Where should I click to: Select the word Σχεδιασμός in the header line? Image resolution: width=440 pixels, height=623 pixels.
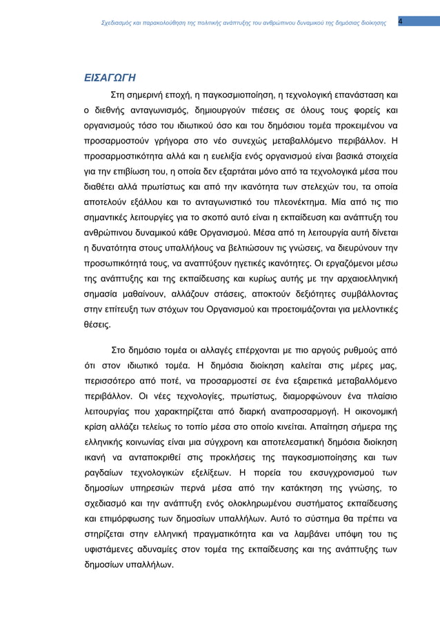(119, 22)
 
